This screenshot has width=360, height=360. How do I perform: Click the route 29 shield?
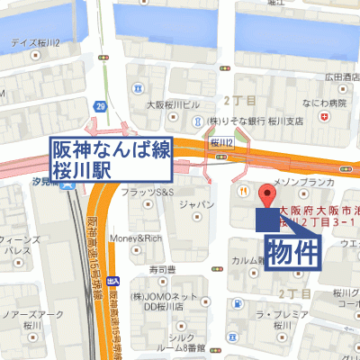pyautogui.click(x=101, y=108)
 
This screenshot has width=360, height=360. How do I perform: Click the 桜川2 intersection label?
pyautogui.click(x=221, y=142)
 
